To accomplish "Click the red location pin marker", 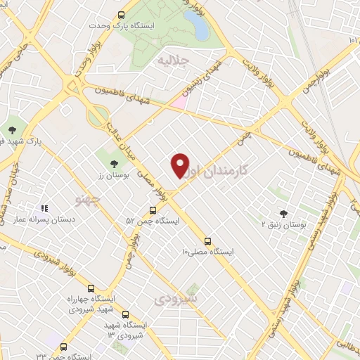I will pos(181,165).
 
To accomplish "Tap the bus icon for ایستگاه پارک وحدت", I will pos(121,14).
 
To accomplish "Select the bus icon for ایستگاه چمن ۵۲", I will pos(153,210).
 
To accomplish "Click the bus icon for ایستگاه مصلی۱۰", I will pos(207,240).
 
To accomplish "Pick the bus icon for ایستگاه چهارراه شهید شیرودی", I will pos(91,288).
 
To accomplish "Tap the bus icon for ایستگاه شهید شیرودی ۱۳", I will pos(125,314).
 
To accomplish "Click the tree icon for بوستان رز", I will pos(104,164).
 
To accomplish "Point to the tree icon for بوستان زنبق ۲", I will pos(283,213).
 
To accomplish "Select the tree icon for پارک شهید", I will pos(13,129).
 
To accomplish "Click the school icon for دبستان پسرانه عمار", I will pos(44,208).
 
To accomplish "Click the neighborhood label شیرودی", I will pos(176,299).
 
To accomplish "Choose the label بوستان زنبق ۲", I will pos(283,224).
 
